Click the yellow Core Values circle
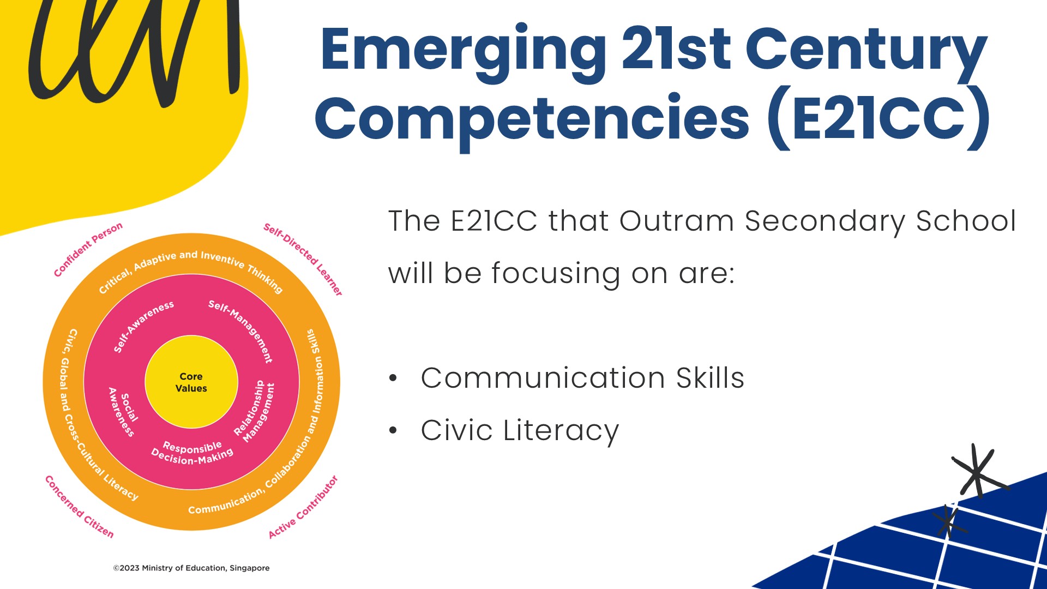[x=191, y=382]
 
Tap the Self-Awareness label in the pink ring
[x=143, y=326]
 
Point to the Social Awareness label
[x=124, y=411]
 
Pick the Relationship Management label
[x=255, y=411]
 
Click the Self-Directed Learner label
[x=303, y=259]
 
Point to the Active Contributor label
[x=303, y=507]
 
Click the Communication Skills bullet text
[x=582, y=378]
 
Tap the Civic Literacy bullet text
[x=520, y=431]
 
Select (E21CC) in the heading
[x=878, y=117]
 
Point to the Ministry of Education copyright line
[x=191, y=568]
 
